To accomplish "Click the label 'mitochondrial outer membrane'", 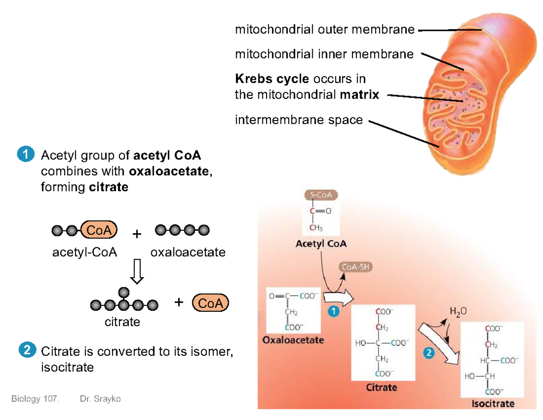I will tap(324, 30).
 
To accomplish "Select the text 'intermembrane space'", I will tap(299, 120).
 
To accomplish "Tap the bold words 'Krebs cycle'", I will tap(271, 79).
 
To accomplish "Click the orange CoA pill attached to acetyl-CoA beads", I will tap(99, 230).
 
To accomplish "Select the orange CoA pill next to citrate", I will tap(210, 303).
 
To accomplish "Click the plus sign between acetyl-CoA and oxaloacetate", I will tap(137, 234).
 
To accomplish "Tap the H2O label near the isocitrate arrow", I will tap(457, 312).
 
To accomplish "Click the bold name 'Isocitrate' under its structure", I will tap(493, 403).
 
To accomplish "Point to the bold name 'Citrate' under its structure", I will tap(381, 387).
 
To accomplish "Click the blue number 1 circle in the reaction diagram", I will tap(333, 312).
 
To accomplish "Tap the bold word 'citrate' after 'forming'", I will tap(109, 187).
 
